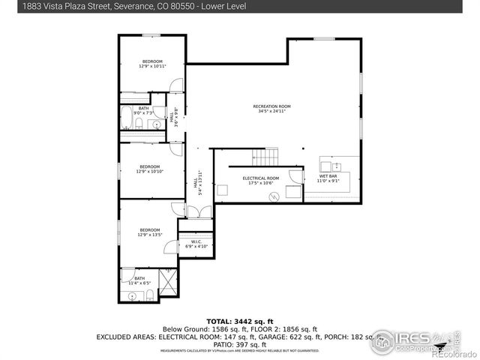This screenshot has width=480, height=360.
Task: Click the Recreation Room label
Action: tap(271, 106)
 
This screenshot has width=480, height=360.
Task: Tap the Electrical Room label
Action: tap(260, 178)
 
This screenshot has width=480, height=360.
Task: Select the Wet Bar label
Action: tap(328, 176)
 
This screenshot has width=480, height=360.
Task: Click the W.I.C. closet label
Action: tap(195, 241)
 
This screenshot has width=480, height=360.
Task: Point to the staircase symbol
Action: tap(265, 157)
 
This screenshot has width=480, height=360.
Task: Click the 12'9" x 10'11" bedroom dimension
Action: tap(152, 67)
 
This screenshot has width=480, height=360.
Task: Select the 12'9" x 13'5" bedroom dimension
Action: tap(150, 235)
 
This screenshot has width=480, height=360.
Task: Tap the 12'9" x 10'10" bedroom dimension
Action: tap(150, 171)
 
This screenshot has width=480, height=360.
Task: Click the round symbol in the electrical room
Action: tap(274, 196)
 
